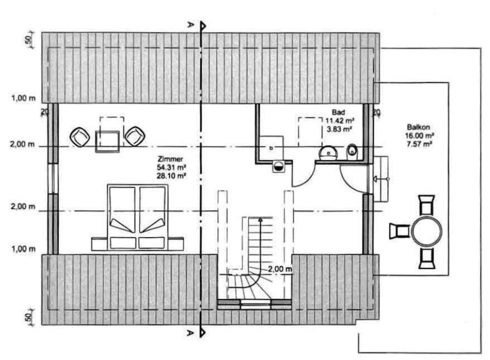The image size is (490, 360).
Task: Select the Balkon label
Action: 417,127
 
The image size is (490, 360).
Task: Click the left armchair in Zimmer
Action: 80,137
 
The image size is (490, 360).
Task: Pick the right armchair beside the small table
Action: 135,136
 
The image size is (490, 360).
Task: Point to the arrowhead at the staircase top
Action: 261,220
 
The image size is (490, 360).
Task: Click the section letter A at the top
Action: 190,24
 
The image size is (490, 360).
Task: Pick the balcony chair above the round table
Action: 426,204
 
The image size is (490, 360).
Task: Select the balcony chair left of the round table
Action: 399,231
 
